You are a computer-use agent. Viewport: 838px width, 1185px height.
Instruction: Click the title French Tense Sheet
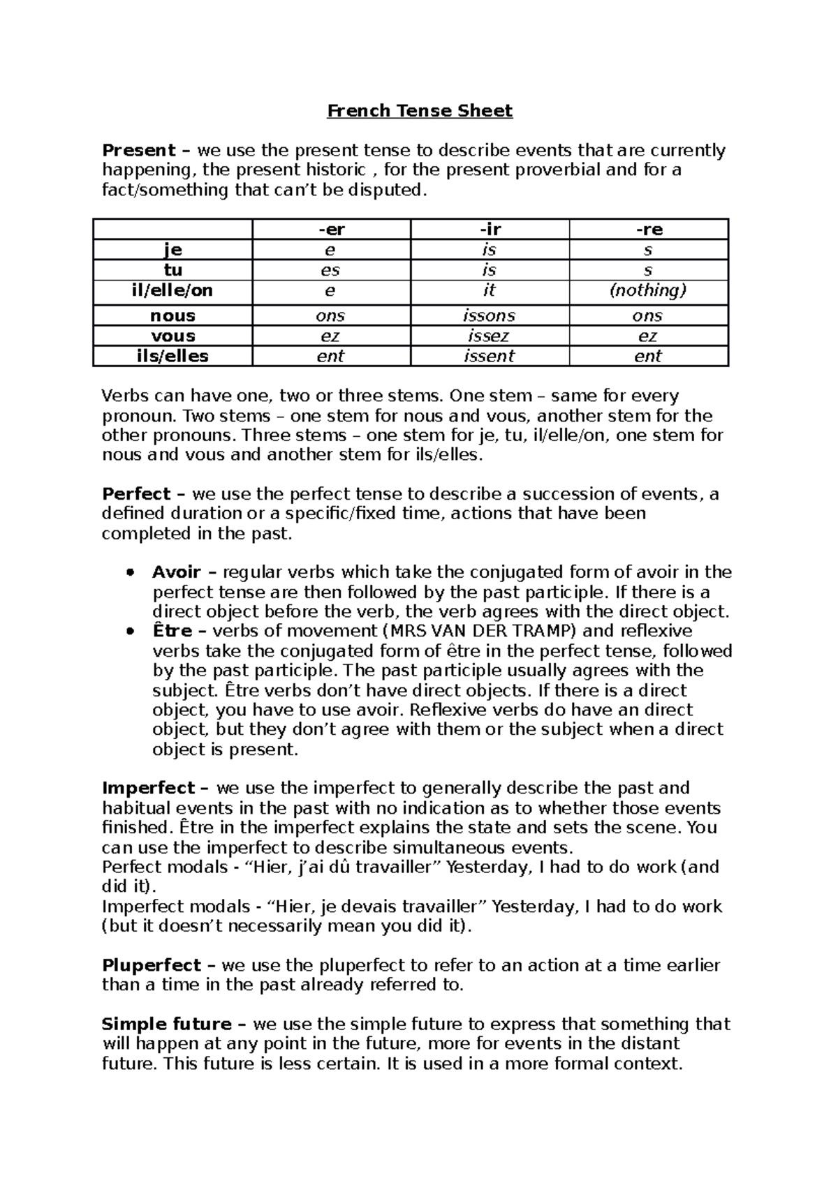420,111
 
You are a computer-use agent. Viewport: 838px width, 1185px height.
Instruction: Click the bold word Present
138,151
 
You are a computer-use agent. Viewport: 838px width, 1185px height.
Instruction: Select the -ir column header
490,230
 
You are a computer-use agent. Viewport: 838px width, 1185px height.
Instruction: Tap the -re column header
649,230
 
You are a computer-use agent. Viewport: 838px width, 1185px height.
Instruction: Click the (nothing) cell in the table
648,290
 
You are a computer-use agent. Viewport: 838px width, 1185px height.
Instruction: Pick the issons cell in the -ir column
489,316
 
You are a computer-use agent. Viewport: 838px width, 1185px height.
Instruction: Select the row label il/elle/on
172,290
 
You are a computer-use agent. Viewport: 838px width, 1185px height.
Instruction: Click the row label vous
172,336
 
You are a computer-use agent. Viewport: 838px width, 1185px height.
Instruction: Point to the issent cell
489,357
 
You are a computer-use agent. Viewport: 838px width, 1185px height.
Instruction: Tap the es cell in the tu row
330,270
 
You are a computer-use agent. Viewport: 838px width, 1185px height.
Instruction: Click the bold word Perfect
136,494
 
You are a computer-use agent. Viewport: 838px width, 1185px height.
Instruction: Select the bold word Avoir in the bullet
176,572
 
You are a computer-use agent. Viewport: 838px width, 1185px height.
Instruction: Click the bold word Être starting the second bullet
172,631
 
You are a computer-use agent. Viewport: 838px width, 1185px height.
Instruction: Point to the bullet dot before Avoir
129,573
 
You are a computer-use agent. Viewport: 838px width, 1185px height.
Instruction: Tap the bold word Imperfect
149,789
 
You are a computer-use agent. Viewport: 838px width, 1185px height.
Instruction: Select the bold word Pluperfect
152,966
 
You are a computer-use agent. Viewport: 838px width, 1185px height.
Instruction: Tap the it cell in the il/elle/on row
489,290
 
